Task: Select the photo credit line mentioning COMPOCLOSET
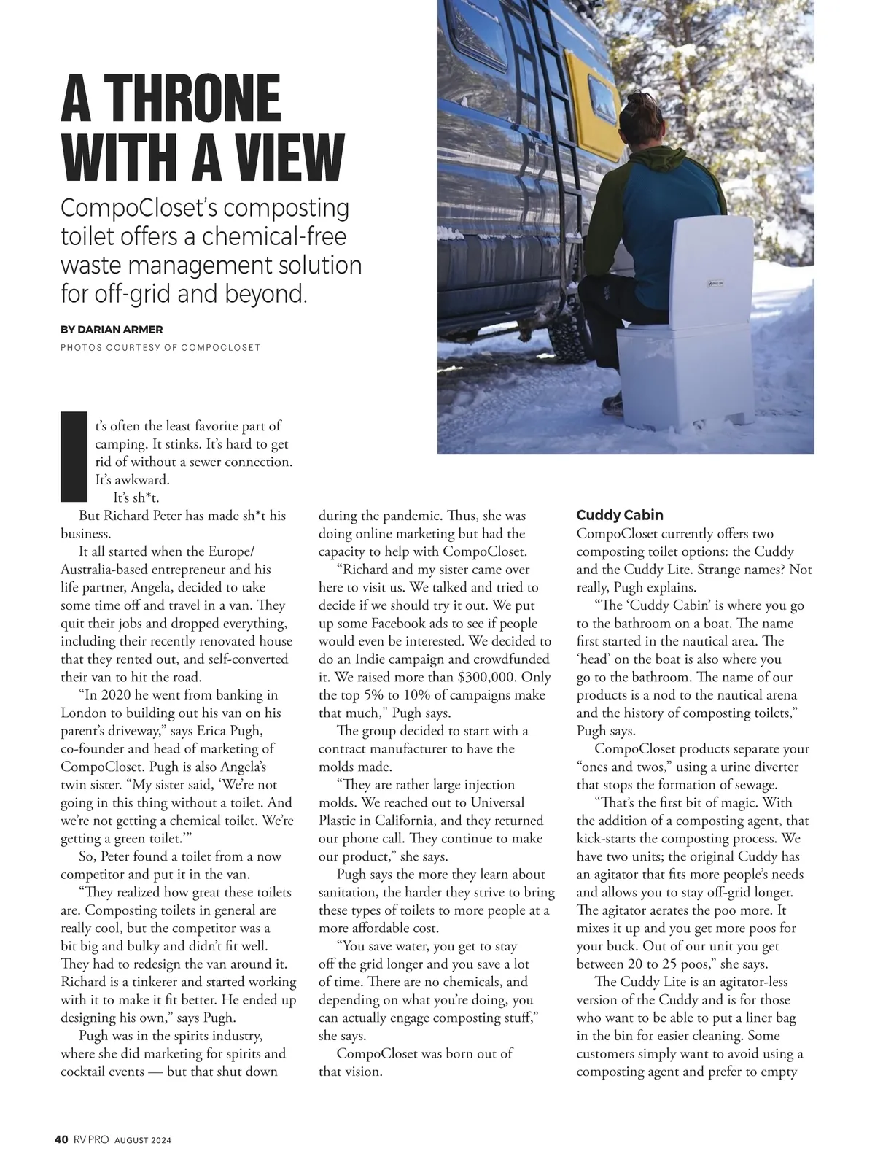(x=160, y=347)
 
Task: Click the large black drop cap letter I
(x=74, y=456)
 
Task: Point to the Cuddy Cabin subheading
(x=619, y=516)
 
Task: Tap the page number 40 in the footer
(x=61, y=1139)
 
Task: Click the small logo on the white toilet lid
(x=715, y=283)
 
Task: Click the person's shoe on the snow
(x=612, y=402)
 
